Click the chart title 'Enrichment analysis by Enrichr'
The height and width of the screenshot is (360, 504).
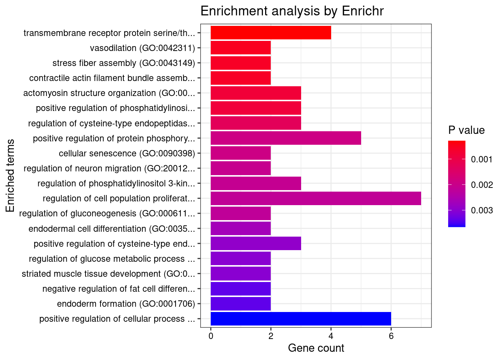(x=292, y=11)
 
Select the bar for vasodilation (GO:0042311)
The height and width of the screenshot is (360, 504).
(x=241, y=48)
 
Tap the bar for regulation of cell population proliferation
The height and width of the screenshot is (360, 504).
(x=316, y=198)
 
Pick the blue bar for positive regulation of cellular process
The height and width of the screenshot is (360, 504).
(x=301, y=319)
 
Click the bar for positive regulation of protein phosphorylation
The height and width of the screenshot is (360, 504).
(x=286, y=138)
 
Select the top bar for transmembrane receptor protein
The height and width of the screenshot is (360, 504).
(x=271, y=33)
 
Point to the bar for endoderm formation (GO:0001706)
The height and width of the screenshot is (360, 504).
(x=241, y=304)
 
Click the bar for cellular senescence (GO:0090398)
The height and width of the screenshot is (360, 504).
(x=241, y=153)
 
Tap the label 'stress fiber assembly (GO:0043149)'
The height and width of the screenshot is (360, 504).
(x=124, y=63)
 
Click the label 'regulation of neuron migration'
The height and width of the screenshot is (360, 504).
(x=109, y=168)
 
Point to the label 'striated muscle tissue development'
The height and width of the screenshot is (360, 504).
(x=108, y=274)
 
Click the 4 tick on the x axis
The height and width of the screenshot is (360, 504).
(x=331, y=336)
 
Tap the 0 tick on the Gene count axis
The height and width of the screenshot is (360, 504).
(x=211, y=336)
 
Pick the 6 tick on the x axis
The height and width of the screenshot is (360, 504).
(x=391, y=336)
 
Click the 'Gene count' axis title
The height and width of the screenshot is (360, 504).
(x=316, y=348)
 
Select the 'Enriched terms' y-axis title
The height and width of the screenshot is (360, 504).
(x=10, y=176)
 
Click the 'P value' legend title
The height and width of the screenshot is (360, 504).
(x=466, y=130)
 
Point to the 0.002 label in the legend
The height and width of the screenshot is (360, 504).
(x=481, y=185)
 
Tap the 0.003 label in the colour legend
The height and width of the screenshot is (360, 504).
(x=481, y=210)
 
